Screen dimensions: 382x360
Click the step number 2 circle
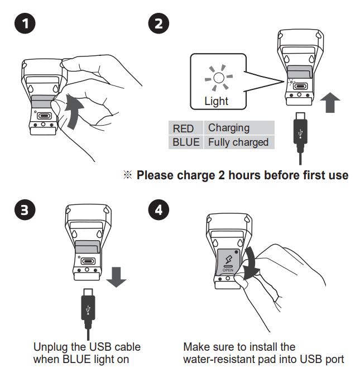[x=159, y=24]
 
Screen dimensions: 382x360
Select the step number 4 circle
[x=159, y=211]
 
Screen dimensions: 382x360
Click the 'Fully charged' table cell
[x=238, y=142]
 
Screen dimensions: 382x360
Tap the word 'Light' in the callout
[x=216, y=101]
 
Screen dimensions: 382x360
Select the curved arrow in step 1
[x=73, y=111]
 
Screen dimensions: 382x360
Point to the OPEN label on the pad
[x=228, y=269]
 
